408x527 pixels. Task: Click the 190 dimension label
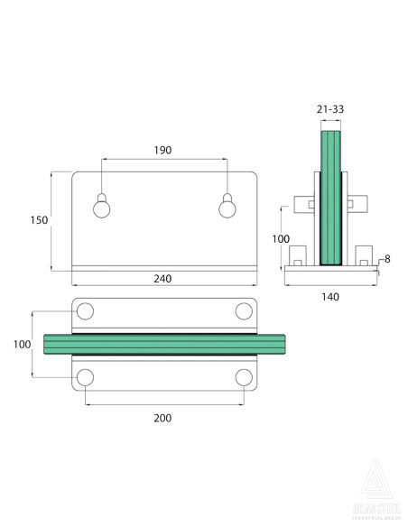click(163, 151)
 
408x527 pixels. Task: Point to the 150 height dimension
click(37, 219)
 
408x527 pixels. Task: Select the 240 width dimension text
click(162, 279)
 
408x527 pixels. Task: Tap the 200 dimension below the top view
click(162, 417)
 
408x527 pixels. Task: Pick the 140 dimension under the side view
click(330, 296)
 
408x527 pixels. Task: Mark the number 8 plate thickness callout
click(387, 259)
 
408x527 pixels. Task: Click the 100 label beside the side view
click(281, 238)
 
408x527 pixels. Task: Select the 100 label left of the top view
click(23, 345)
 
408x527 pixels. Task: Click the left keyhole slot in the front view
click(102, 207)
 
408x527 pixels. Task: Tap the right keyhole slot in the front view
click(227, 207)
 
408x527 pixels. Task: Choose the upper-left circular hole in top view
click(85, 312)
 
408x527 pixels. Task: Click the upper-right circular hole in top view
click(243, 312)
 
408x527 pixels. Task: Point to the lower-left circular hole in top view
click(85, 376)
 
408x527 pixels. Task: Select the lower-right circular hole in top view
click(243, 376)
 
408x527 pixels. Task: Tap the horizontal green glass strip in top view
click(163, 344)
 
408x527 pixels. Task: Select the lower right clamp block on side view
click(364, 254)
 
